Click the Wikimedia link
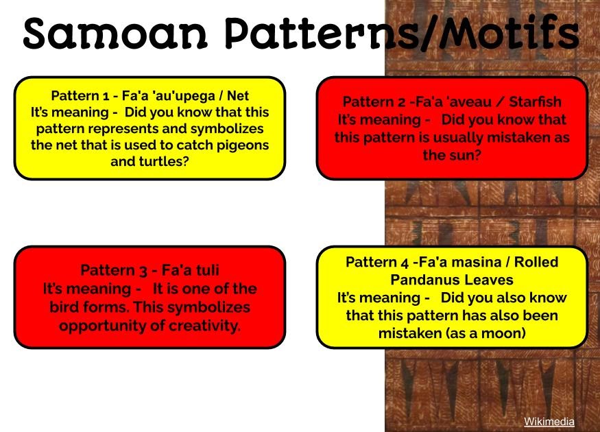tap(549, 422)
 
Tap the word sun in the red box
tap(466, 155)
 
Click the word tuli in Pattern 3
tap(204, 269)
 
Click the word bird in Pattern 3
tap(66, 307)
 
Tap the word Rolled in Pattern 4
tap(533, 262)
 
